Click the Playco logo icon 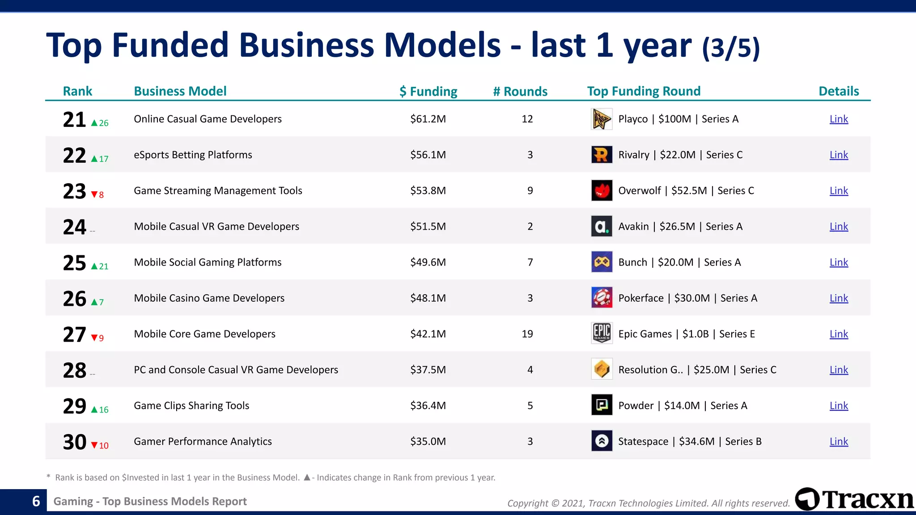tap(602, 119)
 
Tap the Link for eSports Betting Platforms tap(839, 155)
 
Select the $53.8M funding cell tap(428, 190)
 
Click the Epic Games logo tap(602, 333)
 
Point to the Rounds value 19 tap(527, 333)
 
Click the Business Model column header tap(180, 91)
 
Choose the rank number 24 tap(74, 227)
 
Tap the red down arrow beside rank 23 tap(94, 194)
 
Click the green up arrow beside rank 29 tap(94, 409)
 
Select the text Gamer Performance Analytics tap(203, 441)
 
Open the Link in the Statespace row tap(839, 441)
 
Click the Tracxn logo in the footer tap(854, 499)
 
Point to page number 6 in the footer tap(36, 501)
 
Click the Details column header tap(839, 91)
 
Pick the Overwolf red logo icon tap(602, 190)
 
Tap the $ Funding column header tap(428, 91)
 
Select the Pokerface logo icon tap(602, 298)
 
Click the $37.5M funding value tap(428, 370)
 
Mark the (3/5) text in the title tap(731, 47)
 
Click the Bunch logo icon tap(602, 262)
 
